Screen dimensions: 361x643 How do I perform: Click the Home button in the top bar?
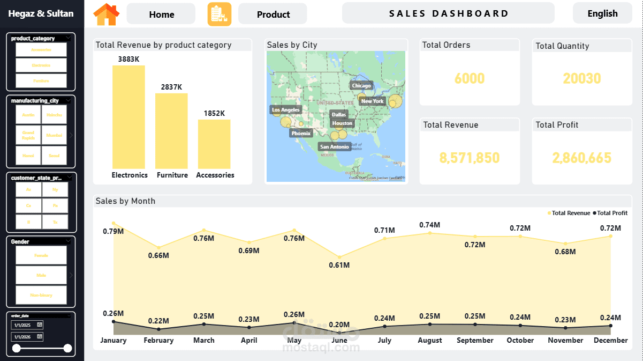(x=161, y=14)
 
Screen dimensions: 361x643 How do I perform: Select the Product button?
(x=273, y=14)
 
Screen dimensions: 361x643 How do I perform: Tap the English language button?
(x=602, y=13)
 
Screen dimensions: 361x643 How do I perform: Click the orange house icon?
(x=107, y=14)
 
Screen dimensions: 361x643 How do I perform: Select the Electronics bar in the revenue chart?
(x=128, y=117)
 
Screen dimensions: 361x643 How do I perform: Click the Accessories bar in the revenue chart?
(x=214, y=144)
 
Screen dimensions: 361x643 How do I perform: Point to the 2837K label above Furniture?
(x=172, y=87)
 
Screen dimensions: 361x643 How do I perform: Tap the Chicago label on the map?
(x=361, y=86)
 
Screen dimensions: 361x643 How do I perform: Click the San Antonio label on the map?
(x=334, y=146)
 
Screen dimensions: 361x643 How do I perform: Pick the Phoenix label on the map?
(x=301, y=133)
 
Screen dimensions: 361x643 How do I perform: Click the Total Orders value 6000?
(x=470, y=79)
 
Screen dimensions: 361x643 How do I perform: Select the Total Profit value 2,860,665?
(x=581, y=158)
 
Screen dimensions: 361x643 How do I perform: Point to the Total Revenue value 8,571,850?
(x=470, y=158)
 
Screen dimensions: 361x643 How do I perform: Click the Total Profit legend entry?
(x=611, y=213)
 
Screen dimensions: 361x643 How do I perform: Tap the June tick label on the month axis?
(x=339, y=340)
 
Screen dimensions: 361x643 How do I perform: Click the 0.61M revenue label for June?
(x=339, y=265)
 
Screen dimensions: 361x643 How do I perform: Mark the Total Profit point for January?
(x=114, y=321)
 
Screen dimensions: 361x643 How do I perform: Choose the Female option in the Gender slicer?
(x=41, y=255)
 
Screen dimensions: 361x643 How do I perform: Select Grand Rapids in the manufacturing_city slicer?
(x=28, y=135)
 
